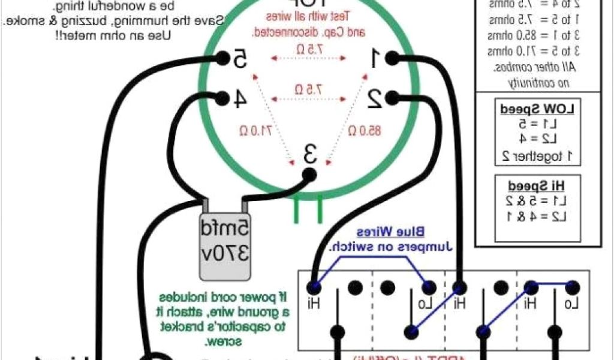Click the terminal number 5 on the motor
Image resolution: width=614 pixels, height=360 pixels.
pos(239,59)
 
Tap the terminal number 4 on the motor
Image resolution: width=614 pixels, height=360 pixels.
pos(238,99)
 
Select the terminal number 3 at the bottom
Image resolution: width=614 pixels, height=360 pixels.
pos(309,155)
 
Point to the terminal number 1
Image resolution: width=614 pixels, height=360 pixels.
pos(375,58)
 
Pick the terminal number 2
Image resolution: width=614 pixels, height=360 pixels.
pos(375,98)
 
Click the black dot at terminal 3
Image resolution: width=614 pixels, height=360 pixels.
pos(309,174)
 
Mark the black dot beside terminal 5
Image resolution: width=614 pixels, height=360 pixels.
pos(222,58)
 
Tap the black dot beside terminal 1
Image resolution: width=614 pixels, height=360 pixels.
pos(392,58)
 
